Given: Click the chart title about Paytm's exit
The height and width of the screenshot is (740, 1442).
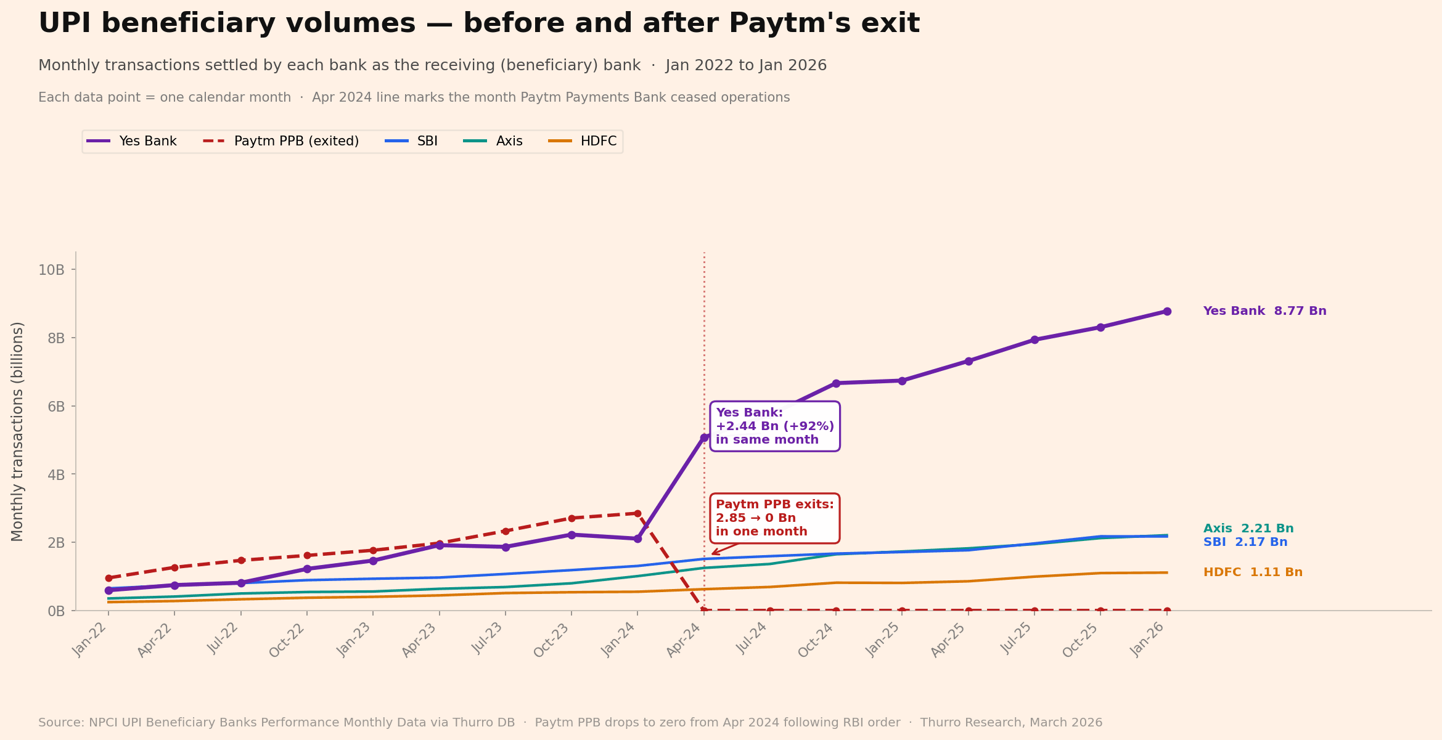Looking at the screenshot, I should [478, 24].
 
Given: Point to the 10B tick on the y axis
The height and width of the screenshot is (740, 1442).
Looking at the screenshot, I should [51, 270].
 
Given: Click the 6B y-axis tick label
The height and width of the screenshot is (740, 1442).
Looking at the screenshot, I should [52, 407].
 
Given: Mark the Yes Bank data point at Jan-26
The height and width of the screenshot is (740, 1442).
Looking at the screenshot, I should [1167, 312].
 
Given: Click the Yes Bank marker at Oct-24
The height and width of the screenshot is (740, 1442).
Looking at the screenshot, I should [836, 383].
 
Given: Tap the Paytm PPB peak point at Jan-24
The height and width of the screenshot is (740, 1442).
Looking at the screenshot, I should [637, 513].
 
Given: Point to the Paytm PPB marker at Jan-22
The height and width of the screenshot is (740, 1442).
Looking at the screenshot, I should [109, 578].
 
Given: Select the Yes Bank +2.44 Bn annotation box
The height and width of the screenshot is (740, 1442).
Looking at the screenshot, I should [774, 426].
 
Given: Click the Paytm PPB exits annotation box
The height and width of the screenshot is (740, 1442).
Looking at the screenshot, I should [774, 518].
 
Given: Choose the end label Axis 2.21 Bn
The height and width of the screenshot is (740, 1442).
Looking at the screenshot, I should [1248, 529].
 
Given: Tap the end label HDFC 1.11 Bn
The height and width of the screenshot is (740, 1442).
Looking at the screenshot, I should [1253, 572].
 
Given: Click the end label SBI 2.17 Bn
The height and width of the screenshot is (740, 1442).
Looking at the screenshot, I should [1245, 542].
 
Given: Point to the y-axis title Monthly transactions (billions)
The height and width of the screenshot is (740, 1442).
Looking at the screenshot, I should [17, 431].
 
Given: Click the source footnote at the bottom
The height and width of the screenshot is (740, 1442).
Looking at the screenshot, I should [570, 723].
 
